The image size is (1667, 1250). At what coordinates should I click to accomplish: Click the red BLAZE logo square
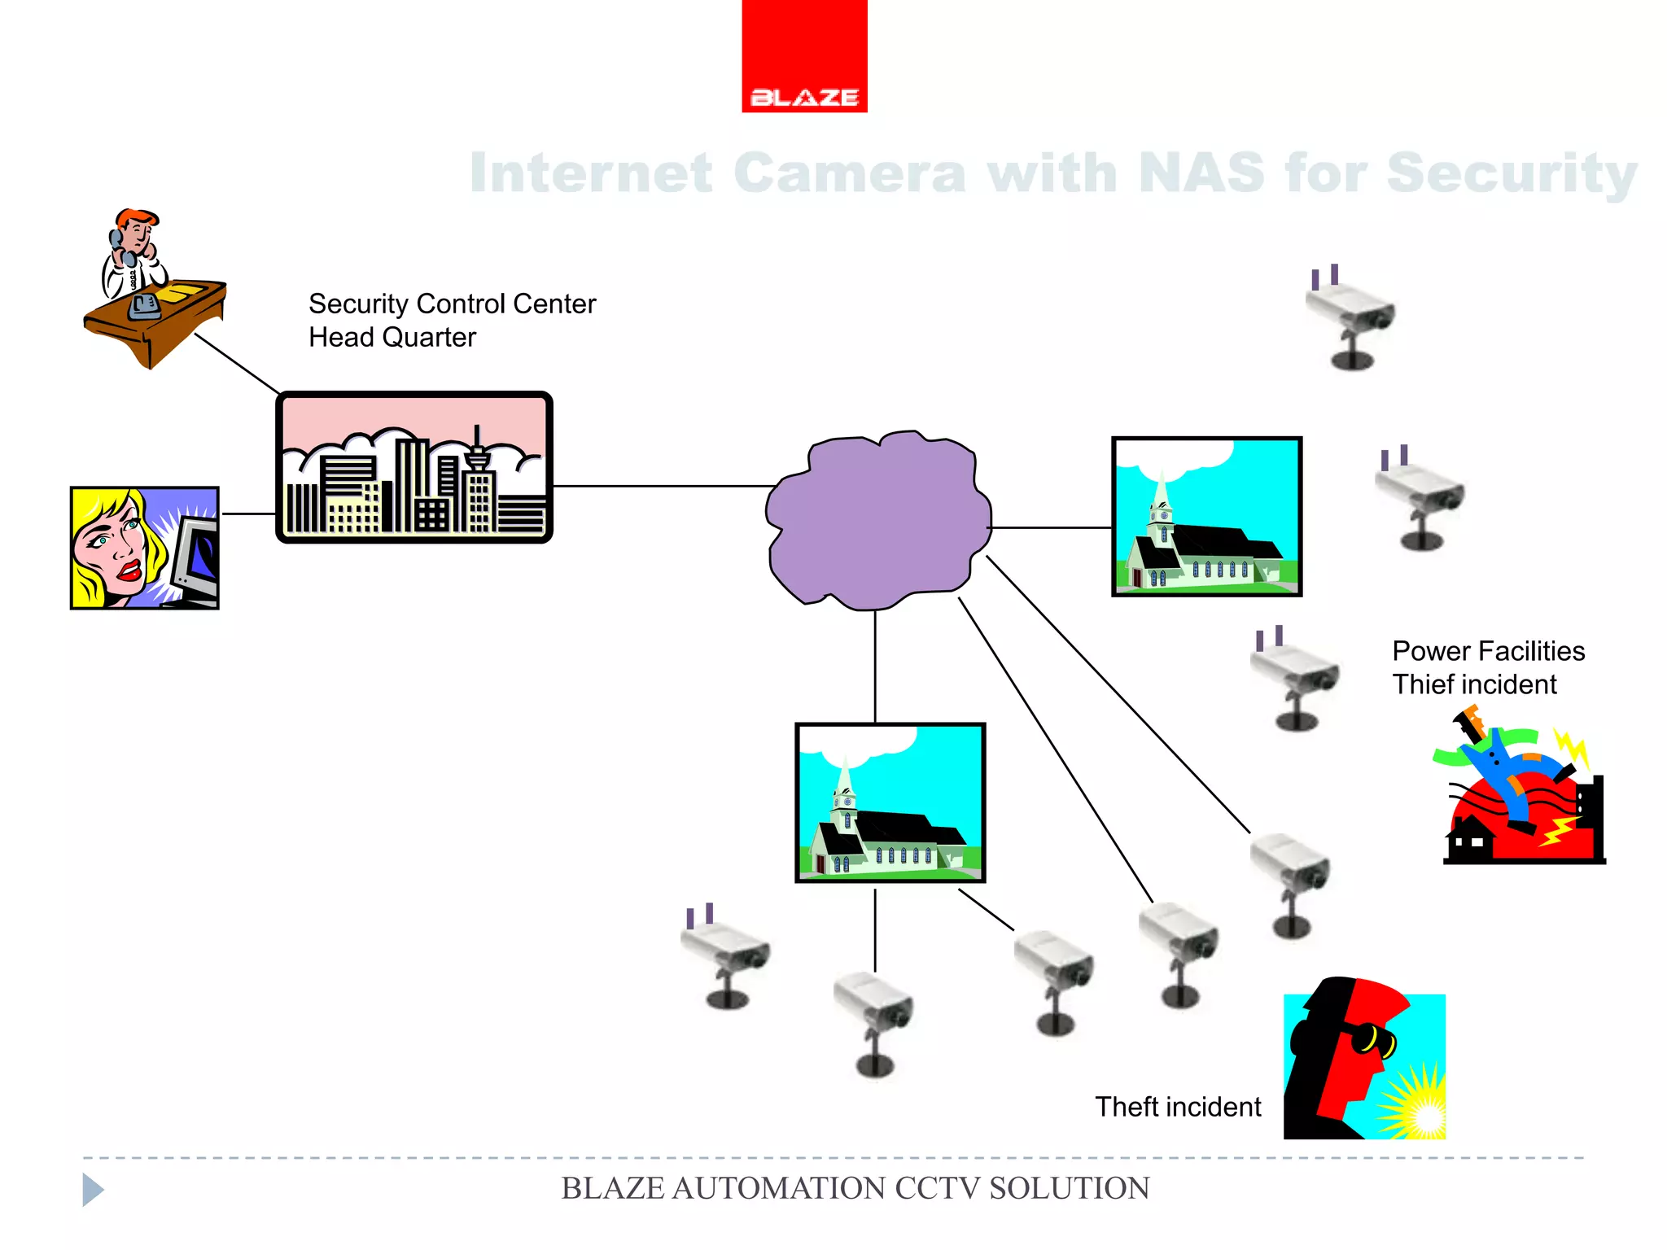pos(804,55)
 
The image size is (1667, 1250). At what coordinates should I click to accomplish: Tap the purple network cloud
pos(877,521)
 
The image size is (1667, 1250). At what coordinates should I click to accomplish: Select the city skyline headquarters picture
pos(414,467)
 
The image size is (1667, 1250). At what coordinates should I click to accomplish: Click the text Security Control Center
pos(452,304)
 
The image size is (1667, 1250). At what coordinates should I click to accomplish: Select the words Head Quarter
pos(392,337)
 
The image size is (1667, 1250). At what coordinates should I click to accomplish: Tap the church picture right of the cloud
pos(1206,517)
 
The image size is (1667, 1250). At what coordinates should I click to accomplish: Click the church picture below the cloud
pos(890,802)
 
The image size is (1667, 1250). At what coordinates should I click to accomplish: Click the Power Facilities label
pos(1488,651)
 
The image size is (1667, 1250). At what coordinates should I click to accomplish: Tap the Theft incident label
pos(1177,1107)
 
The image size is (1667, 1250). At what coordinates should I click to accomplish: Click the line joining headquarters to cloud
pos(663,486)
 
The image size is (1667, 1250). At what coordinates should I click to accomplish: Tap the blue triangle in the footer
pos(92,1190)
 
